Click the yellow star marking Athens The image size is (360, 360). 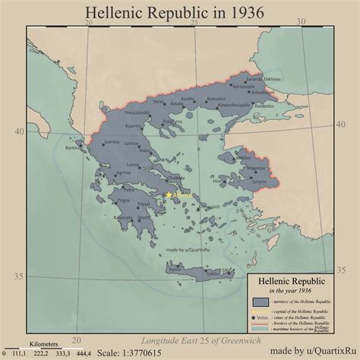point(169,196)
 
